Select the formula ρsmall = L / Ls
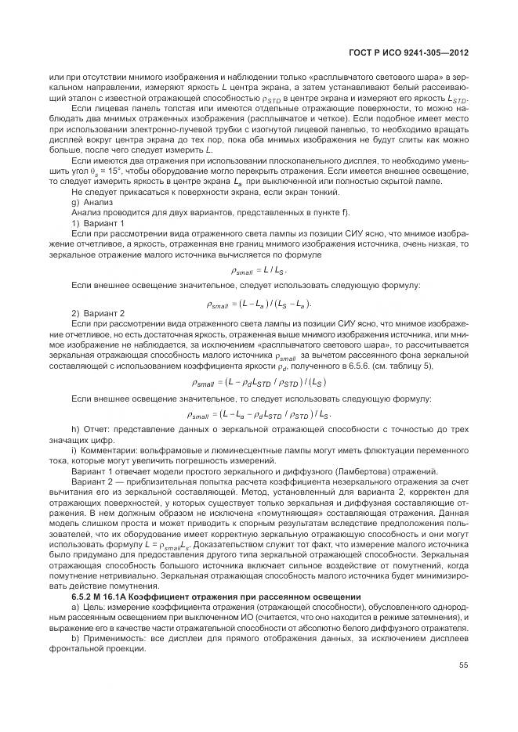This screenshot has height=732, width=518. click(x=258, y=270)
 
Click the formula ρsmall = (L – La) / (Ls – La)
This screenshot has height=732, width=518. click(x=258, y=303)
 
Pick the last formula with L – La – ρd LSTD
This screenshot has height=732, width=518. click(x=258, y=415)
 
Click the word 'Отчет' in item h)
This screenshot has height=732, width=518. click(x=95, y=431)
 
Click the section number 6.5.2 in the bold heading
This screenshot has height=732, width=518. click(x=85, y=597)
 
